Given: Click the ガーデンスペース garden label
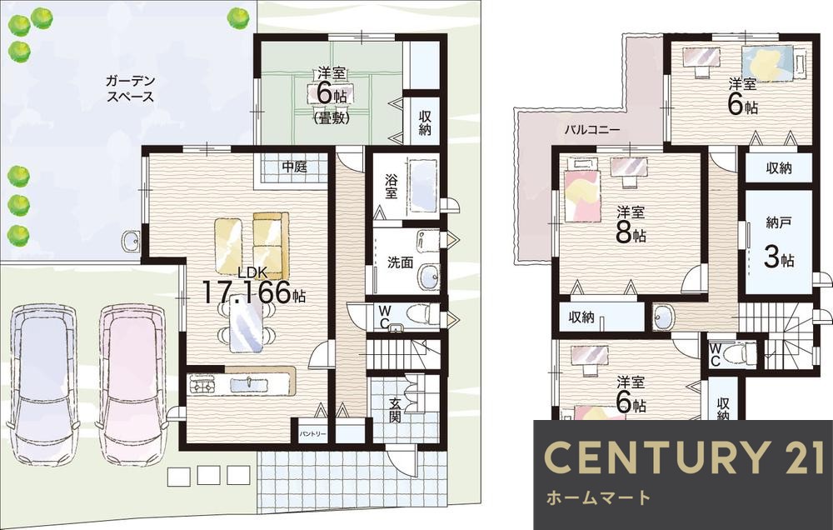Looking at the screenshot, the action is pos(130,89).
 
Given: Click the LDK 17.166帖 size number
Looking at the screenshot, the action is pos(247,292).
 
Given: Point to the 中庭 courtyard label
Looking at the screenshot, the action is pos(294,167).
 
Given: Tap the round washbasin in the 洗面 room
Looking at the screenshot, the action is pos(428,276).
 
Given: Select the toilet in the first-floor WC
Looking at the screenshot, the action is pos(421,314).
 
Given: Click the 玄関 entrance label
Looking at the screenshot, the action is pos(394,410).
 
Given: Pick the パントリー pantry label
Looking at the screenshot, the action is pos(312,434).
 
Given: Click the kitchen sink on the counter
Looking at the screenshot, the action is pos(248,382).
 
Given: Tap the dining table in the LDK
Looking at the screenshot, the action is pos(246,323).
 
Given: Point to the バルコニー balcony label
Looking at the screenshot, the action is pos(591,129).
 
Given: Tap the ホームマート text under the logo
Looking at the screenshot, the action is pos(598,497).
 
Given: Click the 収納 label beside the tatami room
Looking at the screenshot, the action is pos(425,122).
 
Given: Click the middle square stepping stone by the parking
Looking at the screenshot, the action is pos(208,475).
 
